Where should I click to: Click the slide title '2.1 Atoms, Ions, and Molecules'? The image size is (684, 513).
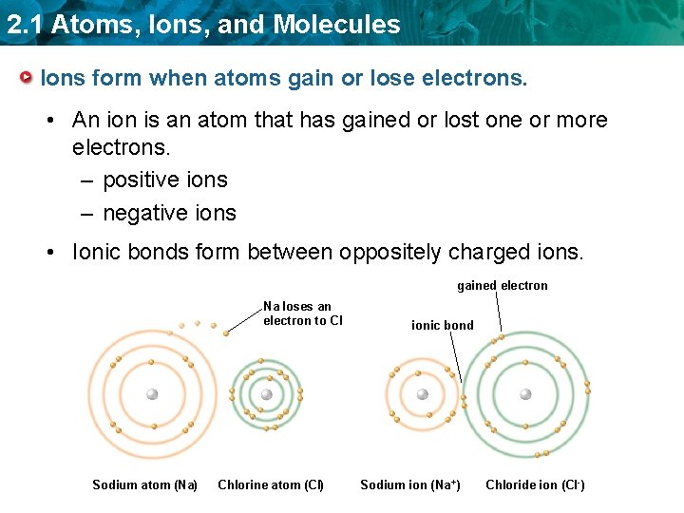coord(203,25)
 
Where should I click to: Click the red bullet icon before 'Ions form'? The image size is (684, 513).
coord(30,77)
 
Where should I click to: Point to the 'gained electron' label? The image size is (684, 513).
coord(502,285)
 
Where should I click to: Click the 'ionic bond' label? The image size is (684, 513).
coord(442,325)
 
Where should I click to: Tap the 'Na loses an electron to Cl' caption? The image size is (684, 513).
coord(302,313)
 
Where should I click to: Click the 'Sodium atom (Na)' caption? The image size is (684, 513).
coord(144,485)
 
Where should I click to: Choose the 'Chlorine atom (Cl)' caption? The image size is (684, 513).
coord(271,485)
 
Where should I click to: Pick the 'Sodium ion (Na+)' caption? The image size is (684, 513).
coord(410,485)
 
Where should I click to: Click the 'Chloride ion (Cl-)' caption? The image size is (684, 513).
coord(535,485)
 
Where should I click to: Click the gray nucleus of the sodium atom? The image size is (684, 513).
coord(152,394)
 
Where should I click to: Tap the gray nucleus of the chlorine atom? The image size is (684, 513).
coord(267,394)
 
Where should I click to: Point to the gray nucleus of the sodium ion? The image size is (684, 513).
coord(423,394)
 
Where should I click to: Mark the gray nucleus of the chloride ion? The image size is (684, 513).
coord(525,394)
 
